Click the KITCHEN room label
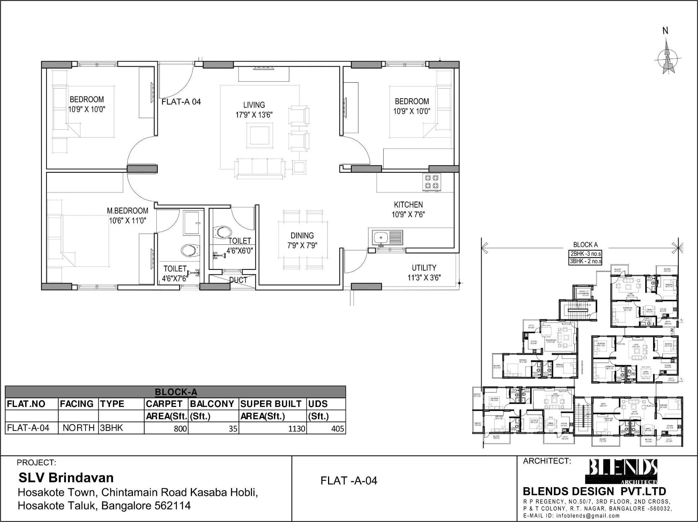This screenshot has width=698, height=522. pyautogui.click(x=408, y=205)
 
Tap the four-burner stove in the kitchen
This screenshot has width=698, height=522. pyautogui.click(x=432, y=182)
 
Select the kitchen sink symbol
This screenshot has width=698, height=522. pyautogui.click(x=386, y=238)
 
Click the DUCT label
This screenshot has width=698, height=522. pyautogui.click(x=238, y=280)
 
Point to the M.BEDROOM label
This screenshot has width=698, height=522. pyautogui.click(x=127, y=211)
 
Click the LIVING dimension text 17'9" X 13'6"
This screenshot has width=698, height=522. pyautogui.click(x=254, y=115)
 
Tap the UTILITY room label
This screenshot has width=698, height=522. pyautogui.click(x=424, y=268)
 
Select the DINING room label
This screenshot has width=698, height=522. pyautogui.click(x=302, y=235)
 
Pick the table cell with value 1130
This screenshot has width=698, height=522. pyautogui.click(x=297, y=429)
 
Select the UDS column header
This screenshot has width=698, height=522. pyautogui.click(x=318, y=404)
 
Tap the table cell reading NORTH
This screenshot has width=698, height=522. pyautogui.click(x=79, y=428)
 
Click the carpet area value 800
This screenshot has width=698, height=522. pyautogui.click(x=180, y=429)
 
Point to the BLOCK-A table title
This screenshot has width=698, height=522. pyautogui.click(x=176, y=392)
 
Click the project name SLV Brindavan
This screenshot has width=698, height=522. pyautogui.click(x=66, y=477)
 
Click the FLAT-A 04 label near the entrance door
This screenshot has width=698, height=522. pyautogui.click(x=181, y=102)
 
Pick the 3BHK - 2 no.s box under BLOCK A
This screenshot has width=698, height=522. pyautogui.click(x=585, y=261)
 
